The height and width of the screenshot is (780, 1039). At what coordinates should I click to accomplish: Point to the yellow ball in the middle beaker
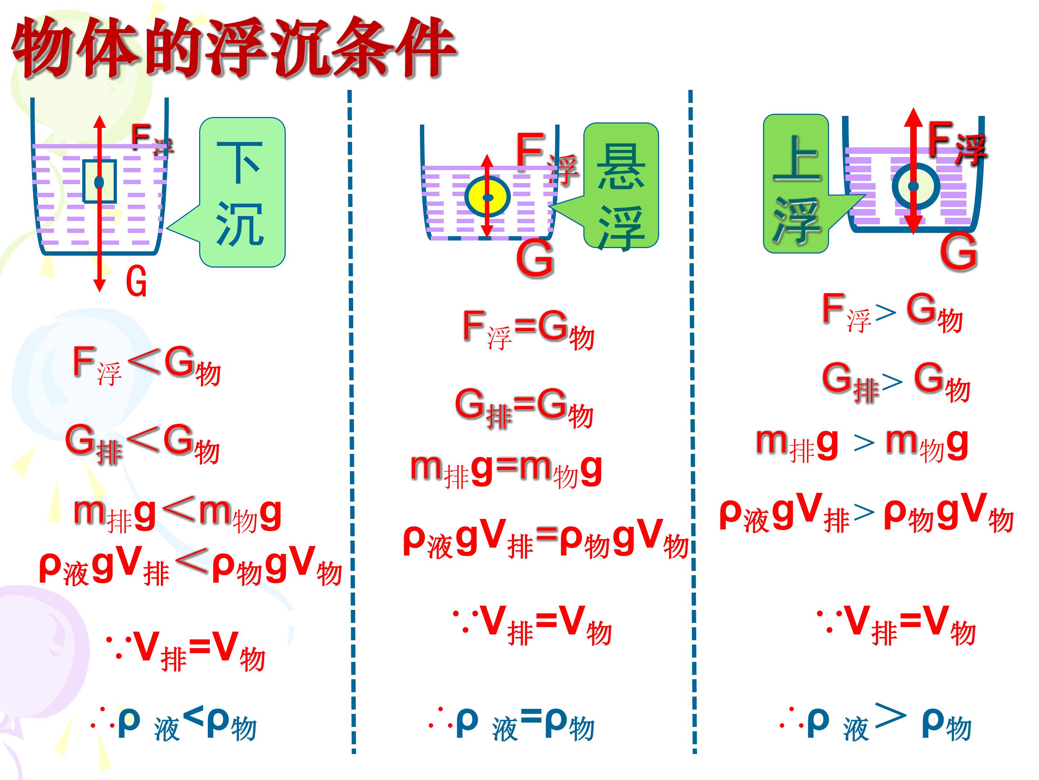[487, 196]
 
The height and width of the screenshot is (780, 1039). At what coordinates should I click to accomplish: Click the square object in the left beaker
[99, 182]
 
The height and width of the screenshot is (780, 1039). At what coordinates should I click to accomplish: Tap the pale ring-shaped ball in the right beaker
[916, 186]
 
